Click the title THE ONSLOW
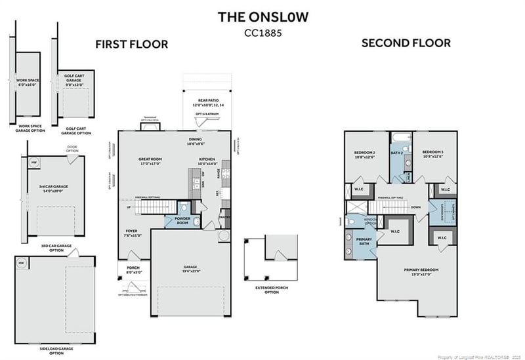click(x=262, y=17)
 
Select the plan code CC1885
click(x=262, y=31)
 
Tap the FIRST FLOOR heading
click(x=131, y=45)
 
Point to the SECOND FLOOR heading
click(x=406, y=43)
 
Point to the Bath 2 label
click(x=396, y=153)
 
